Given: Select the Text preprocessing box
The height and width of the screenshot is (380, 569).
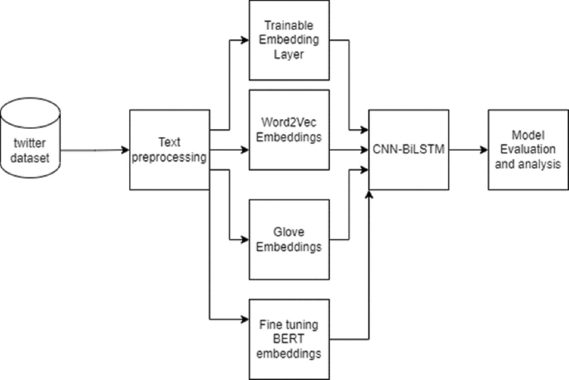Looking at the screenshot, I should pyautogui.click(x=169, y=150).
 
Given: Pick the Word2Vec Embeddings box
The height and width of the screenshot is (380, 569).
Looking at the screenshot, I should pyautogui.click(x=290, y=130).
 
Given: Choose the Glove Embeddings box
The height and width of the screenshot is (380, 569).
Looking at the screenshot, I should pyautogui.click(x=290, y=239).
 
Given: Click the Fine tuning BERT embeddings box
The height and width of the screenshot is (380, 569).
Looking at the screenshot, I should pyautogui.click(x=290, y=338).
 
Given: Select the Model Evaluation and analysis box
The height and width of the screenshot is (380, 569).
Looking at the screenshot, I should pyautogui.click(x=527, y=150).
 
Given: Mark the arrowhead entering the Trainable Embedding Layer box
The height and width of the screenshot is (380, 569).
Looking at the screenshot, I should pyautogui.click(x=245, y=39).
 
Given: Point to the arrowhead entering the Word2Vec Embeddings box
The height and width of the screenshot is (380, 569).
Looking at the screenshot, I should pyautogui.click(x=245, y=150).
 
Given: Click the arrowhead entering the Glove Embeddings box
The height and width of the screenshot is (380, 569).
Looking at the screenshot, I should pyautogui.click(x=245, y=239).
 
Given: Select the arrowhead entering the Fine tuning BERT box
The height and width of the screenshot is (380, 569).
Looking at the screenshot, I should pyautogui.click(x=245, y=319).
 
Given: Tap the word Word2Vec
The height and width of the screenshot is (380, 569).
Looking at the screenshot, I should pyautogui.click(x=289, y=124).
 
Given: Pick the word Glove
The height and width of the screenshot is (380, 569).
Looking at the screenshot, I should pyautogui.click(x=290, y=233).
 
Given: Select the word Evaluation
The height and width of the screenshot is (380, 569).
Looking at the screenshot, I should pyautogui.click(x=527, y=150).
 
